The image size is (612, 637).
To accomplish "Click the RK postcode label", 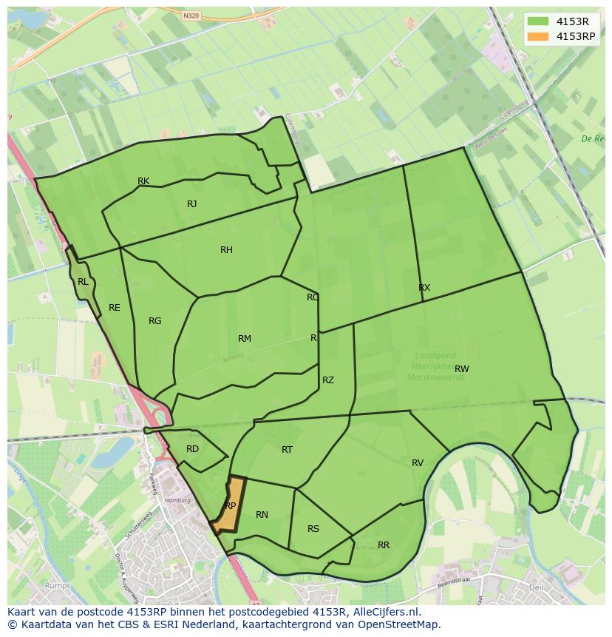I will click(143, 181).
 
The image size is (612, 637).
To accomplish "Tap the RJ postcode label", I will click(191, 204).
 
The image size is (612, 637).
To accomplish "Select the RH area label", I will click(226, 250).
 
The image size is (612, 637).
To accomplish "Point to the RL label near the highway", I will click(83, 282).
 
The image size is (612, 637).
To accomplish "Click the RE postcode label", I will click(114, 308).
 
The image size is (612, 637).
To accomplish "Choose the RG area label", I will click(154, 321).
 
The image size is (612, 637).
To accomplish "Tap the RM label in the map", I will click(245, 339).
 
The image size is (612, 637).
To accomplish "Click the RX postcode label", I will click(424, 288).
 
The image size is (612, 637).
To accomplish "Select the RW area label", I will click(462, 369).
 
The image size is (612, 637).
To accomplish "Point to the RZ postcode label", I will click(328, 380).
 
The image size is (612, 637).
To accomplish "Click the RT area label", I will click(288, 450).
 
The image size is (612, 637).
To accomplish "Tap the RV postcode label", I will click(418, 463).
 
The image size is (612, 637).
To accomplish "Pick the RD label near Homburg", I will click(192, 449).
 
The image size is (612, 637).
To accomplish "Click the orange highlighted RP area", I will click(230, 506).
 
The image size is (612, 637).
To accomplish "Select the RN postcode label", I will click(262, 515).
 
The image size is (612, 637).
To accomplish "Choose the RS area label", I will click(313, 529).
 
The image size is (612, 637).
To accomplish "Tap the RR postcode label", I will click(384, 545).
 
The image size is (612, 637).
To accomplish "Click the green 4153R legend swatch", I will click(538, 21).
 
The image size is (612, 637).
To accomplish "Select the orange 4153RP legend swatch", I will click(538, 36).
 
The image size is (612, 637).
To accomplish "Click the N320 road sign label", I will click(191, 15).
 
